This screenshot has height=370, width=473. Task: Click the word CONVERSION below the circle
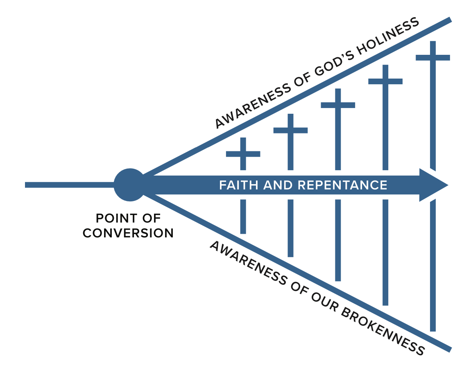point(128,233)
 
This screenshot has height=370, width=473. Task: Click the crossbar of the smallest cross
point(243,154)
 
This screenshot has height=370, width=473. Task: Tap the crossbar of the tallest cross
point(432,57)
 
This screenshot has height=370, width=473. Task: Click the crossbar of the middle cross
point(338,105)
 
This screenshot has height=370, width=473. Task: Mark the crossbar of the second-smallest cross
point(290,131)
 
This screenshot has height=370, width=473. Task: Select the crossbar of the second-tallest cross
point(385,81)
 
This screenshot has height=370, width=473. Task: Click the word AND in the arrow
point(280,185)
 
